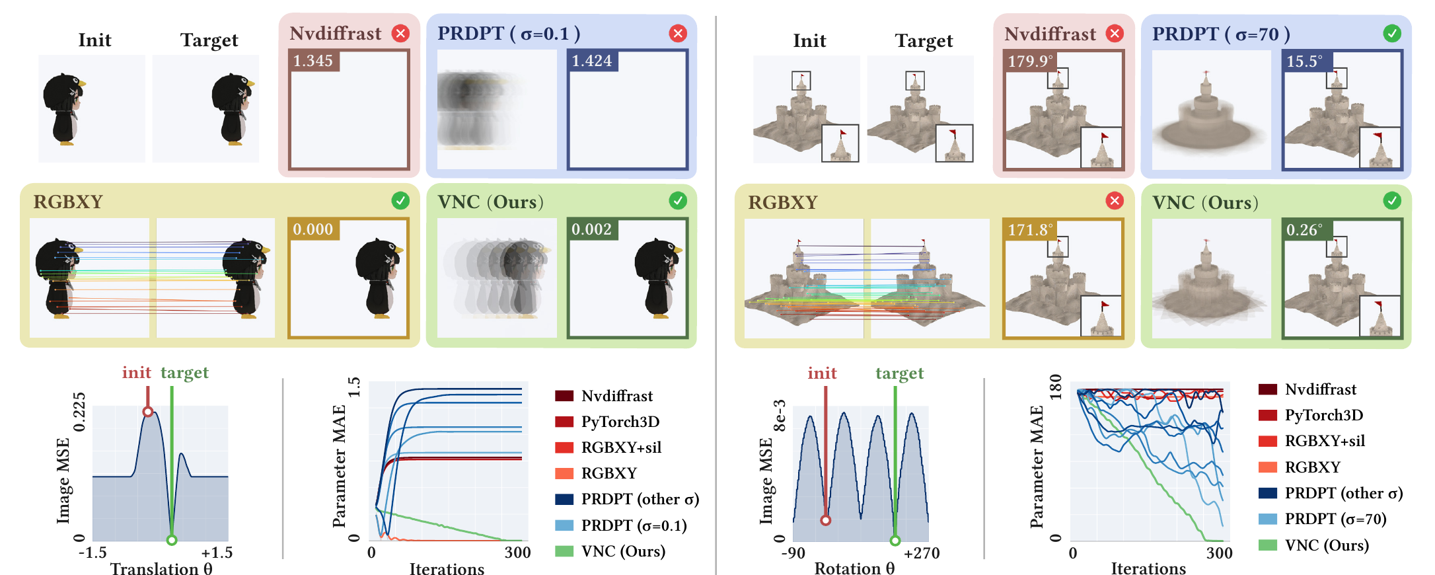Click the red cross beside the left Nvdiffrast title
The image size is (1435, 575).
400,33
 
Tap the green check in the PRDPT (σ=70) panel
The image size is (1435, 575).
1392,33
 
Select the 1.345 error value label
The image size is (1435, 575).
313,61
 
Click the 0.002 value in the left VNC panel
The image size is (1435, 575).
592,229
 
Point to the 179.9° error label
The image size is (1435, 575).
1030,61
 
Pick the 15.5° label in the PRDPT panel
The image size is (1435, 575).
1305,61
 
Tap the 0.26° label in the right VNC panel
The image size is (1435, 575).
1305,230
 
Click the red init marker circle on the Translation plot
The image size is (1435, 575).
148,412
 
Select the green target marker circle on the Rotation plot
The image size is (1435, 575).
895,541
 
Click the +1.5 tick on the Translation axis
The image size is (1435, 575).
217,553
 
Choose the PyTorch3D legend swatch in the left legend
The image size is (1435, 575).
564,422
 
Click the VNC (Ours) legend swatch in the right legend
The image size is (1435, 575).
1268,545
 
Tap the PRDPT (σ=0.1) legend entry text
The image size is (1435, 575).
634,525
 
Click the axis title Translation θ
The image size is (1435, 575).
161,569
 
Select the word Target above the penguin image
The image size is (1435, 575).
209,40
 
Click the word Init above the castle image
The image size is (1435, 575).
809,40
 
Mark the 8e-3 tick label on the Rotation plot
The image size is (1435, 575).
780,415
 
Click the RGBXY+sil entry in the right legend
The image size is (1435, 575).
1325,441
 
